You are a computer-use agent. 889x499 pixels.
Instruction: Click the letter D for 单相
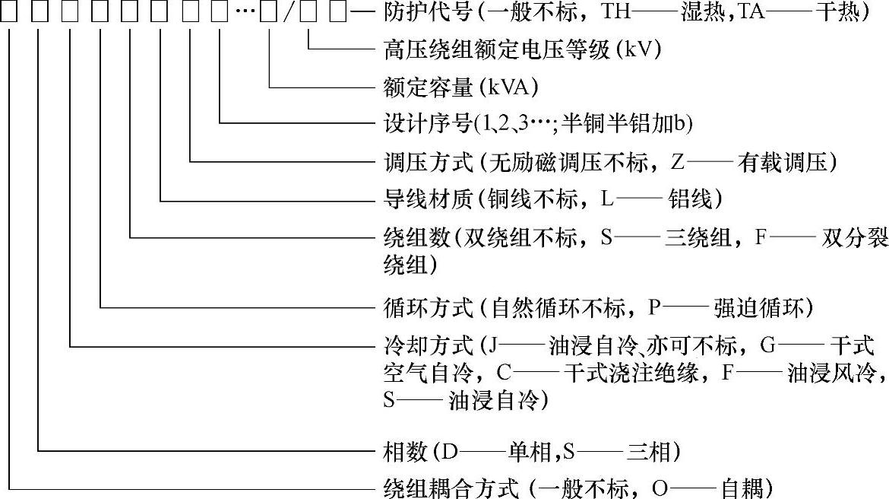tap(448, 453)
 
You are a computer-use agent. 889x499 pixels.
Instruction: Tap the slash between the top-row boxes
tap(288, 13)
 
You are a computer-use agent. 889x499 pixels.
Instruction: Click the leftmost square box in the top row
tap(8, 12)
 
